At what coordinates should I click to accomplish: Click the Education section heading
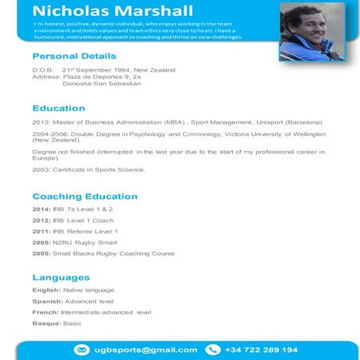[x=58, y=107]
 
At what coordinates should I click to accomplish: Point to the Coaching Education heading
[x=84, y=195]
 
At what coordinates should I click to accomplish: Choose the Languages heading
[x=60, y=277]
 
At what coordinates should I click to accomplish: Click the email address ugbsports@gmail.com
[x=146, y=350]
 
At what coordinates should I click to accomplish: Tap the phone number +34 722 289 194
[x=261, y=350]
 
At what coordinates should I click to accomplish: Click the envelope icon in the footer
[x=81, y=350]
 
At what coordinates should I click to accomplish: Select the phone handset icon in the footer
[x=212, y=350]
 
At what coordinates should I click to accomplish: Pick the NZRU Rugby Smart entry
[x=85, y=242]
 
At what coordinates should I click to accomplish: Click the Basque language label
[x=45, y=323]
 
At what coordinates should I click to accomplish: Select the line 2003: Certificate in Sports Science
[x=89, y=169]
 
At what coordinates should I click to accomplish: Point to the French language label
[x=45, y=312]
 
